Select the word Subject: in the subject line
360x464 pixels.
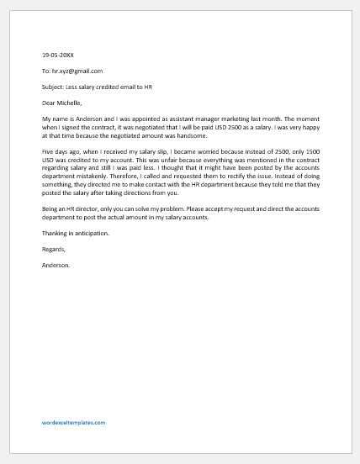[54, 87]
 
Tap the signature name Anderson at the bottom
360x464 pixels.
[56, 265]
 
